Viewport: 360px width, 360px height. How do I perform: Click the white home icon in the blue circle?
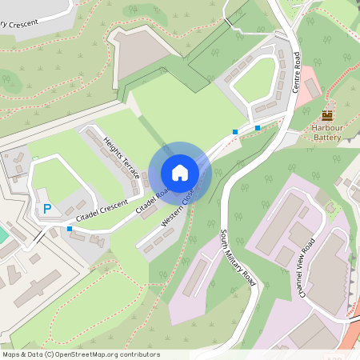179,172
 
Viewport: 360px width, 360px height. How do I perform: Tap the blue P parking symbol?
46,209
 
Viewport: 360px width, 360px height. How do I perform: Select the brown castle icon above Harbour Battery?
326,115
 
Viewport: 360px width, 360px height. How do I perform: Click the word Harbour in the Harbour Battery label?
326,128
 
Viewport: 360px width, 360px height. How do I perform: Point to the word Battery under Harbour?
326,138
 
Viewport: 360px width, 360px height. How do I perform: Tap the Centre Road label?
296,71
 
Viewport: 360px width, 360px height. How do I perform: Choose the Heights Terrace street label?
122,158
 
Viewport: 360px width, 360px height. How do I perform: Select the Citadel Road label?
153,200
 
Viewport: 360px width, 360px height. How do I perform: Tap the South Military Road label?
238,258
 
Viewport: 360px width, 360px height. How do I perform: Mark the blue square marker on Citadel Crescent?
70,229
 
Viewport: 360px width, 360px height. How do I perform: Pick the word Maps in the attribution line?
12,354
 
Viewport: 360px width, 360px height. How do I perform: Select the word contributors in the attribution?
138,354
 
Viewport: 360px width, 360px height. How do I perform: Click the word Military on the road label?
238,258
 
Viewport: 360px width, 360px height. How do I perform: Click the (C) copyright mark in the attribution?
50,354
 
